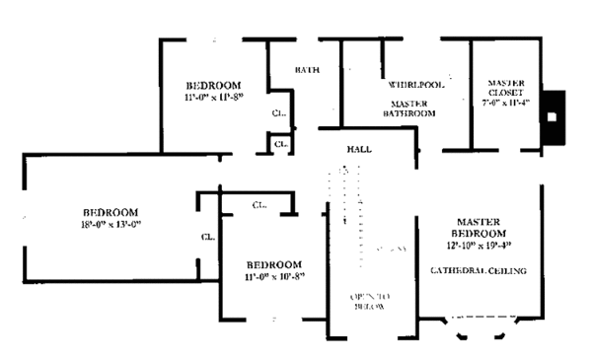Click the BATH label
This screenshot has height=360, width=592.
(307, 70)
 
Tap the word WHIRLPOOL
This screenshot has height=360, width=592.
(415, 85)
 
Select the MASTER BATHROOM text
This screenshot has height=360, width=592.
(409, 108)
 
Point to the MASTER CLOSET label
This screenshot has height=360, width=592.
(504, 88)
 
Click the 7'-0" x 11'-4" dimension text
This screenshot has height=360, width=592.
(505, 102)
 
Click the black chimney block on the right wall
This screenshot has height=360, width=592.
(554, 114)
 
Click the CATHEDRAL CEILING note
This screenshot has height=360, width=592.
(479, 270)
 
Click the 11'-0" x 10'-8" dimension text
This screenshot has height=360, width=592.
(273, 276)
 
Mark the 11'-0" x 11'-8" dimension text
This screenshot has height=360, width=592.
(213, 99)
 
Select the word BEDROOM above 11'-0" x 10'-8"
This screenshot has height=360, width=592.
(273, 264)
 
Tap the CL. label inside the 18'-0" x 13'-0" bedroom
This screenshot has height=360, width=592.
(208, 237)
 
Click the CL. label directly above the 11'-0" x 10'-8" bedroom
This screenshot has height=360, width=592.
(259, 205)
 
